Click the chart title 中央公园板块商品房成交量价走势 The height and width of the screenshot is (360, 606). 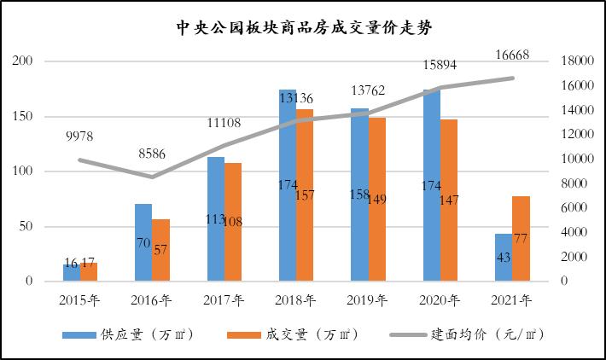pyautogui.click(x=303, y=26)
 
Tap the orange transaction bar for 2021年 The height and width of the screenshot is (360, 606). pyautogui.click(x=522, y=239)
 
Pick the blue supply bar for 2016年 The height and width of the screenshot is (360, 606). pyautogui.click(x=143, y=243)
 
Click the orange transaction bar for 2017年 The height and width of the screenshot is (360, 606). pyautogui.click(x=233, y=222)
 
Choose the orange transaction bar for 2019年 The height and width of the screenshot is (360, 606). pyautogui.click(x=377, y=200)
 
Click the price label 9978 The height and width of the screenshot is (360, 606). pyautogui.click(x=79, y=136)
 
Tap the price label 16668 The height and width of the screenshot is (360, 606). pyautogui.click(x=513, y=56)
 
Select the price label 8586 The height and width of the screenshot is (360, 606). pyautogui.click(x=151, y=154)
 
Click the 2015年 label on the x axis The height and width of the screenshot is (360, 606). pyautogui.click(x=79, y=300)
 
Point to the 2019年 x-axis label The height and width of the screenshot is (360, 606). pyautogui.click(x=368, y=300)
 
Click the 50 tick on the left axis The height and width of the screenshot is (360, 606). pyautogui.click(x=26, y=226)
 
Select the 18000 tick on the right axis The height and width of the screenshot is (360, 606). pyautogui.click(x=574, y=61)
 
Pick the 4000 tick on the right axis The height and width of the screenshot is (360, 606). pyautogui.click(x=570, y=232)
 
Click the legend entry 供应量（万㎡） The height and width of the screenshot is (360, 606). pyautogui.click(x=129, y=334)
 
